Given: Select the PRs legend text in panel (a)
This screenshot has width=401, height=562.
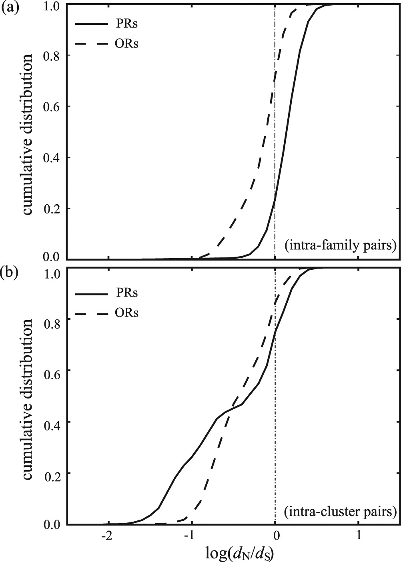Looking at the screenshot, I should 127,24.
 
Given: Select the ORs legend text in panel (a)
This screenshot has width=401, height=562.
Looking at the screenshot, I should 127,44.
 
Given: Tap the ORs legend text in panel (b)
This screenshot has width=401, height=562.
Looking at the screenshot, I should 127,313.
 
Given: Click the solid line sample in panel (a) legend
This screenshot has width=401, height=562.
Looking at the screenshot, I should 91,24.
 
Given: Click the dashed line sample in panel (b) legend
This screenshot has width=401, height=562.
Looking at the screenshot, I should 91,313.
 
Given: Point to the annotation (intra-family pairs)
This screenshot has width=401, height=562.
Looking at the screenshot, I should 340,245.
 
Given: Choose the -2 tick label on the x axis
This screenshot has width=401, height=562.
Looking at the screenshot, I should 106,535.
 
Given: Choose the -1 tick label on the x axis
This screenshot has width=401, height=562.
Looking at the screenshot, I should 190,535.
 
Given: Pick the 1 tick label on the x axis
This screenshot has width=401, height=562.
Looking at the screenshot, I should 359,535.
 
